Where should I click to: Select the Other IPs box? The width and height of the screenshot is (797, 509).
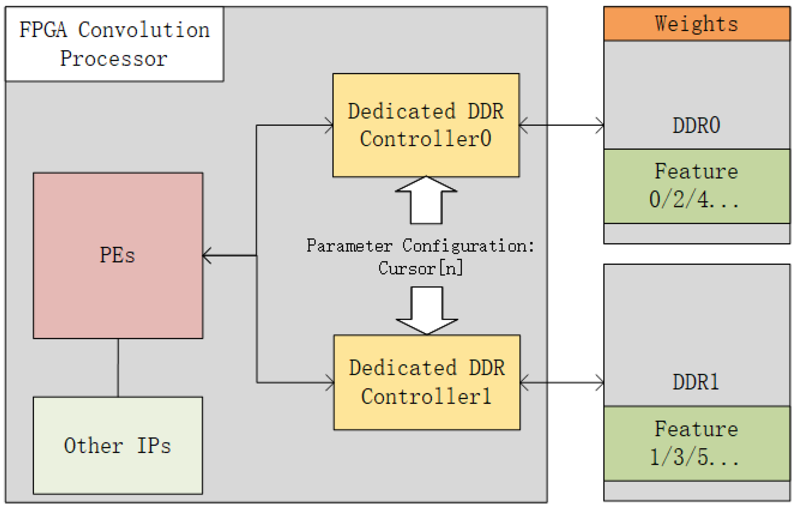(118, 445)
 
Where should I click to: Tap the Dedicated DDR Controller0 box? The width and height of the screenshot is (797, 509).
(426, 125)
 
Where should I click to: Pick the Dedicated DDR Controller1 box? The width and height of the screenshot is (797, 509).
(427, 382)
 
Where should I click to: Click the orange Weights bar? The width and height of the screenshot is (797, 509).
(696, 24)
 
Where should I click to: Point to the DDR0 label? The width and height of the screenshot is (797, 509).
(696, 125)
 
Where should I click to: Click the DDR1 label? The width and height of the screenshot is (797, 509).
(696, 382)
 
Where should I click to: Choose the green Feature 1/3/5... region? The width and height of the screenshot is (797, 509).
(696, 443)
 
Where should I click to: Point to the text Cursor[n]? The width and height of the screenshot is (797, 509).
(420, 268)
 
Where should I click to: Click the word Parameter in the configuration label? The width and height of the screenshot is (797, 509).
(349, 246)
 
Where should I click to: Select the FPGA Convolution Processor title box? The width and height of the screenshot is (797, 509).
(114, 44)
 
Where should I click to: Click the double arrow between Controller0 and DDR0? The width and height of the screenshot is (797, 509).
(561, 125)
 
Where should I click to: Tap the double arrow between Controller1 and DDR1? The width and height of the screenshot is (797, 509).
(562, 382)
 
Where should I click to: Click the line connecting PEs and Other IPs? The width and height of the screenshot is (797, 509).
(118, 368)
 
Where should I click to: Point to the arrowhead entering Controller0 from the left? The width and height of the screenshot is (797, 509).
(329, 125)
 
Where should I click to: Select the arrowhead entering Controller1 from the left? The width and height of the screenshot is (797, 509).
(330, 382)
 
